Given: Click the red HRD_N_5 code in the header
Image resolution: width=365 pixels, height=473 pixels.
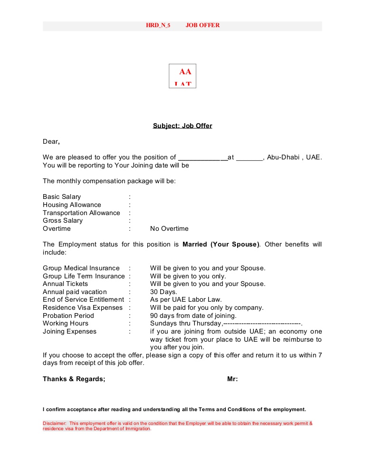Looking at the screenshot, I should coord(158,25).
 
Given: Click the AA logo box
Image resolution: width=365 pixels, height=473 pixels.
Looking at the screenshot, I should coord(182,76).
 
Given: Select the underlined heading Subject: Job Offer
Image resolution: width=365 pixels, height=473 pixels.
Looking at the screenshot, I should coord(182,126).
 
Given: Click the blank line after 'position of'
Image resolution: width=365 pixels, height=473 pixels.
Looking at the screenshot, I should coord(202,158).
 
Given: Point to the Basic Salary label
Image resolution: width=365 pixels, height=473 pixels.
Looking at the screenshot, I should coord(62,197).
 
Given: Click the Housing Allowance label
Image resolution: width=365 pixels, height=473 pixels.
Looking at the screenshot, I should coord(72,205).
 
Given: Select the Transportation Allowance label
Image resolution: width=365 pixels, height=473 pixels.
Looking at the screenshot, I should coord(81,213).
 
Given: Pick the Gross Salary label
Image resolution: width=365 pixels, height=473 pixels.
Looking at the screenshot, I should coord(63,221).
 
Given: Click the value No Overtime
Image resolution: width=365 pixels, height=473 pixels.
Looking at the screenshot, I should coord(169,229).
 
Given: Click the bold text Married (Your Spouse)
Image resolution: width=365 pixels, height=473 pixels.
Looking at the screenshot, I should coord(221,245).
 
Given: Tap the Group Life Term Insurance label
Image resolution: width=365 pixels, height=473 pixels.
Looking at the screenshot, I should coord(84,276).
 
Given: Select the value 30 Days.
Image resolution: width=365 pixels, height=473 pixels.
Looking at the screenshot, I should coord(163,292).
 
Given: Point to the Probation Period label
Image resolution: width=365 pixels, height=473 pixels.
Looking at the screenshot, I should coord(68,316).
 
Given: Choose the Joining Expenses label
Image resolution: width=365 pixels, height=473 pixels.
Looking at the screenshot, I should coord(69,332).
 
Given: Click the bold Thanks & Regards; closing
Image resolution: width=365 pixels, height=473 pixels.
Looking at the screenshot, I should coord(74,379).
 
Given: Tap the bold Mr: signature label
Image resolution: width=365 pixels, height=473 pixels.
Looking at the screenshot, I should coord(232,379).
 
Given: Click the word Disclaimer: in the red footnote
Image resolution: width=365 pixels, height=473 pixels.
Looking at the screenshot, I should coord(55,423).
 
